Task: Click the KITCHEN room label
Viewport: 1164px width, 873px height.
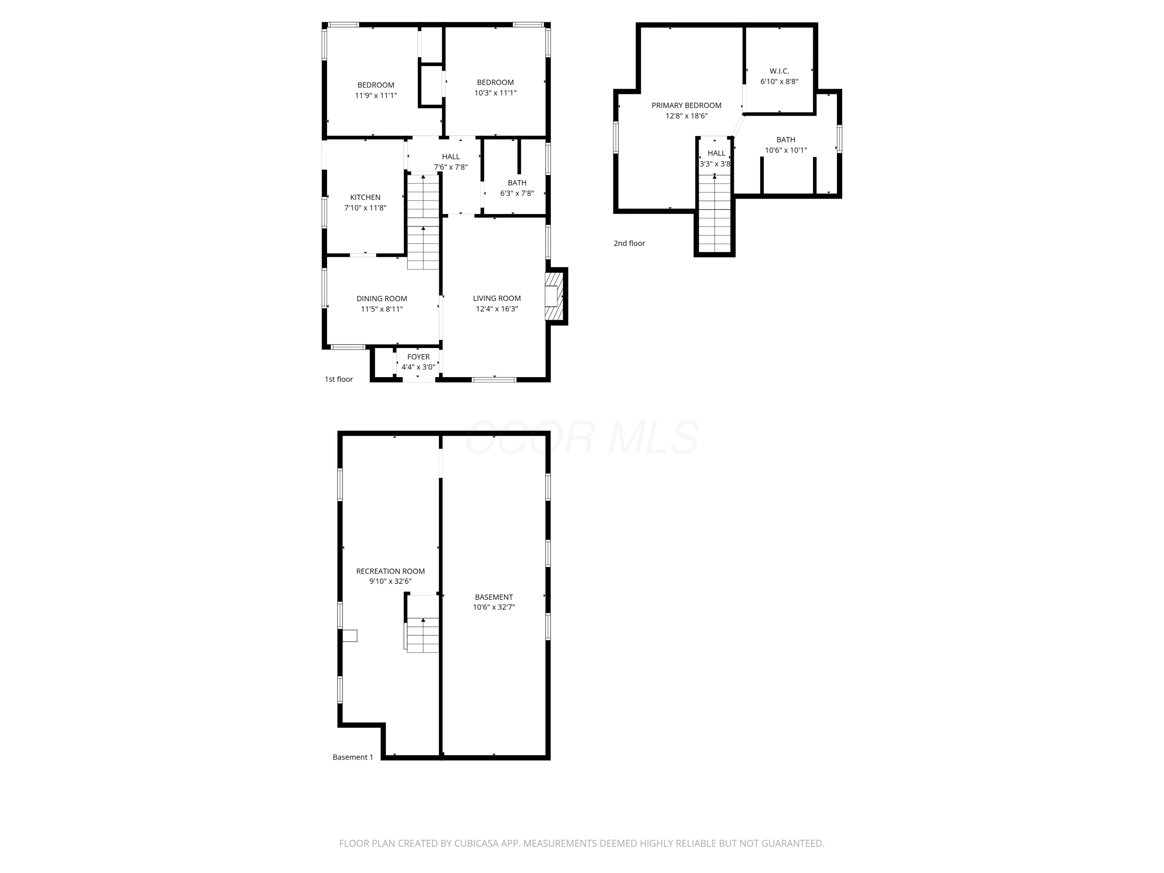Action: click(365, 197)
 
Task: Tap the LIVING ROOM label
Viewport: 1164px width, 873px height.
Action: click(497, 298)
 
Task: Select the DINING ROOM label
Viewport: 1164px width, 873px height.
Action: click(381, 299)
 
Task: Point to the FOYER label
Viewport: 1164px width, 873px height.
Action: click(418, 357)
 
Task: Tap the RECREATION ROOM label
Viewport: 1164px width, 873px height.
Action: click(390, 571)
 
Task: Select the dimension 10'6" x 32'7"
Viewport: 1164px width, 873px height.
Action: click(494, 607)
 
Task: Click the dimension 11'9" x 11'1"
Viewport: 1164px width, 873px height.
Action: click(376, 96)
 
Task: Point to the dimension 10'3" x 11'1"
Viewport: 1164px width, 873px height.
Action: click(495, 93)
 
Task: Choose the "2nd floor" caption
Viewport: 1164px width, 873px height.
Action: click(629, 243)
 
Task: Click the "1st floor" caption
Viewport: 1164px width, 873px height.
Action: click(338, 379)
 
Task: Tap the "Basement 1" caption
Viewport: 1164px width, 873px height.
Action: click(353, 757)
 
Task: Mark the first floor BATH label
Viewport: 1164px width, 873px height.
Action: click(517, 183)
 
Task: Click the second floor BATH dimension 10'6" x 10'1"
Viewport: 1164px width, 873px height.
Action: click(786, 151)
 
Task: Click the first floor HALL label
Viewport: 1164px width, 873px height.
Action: click(450, 157)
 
